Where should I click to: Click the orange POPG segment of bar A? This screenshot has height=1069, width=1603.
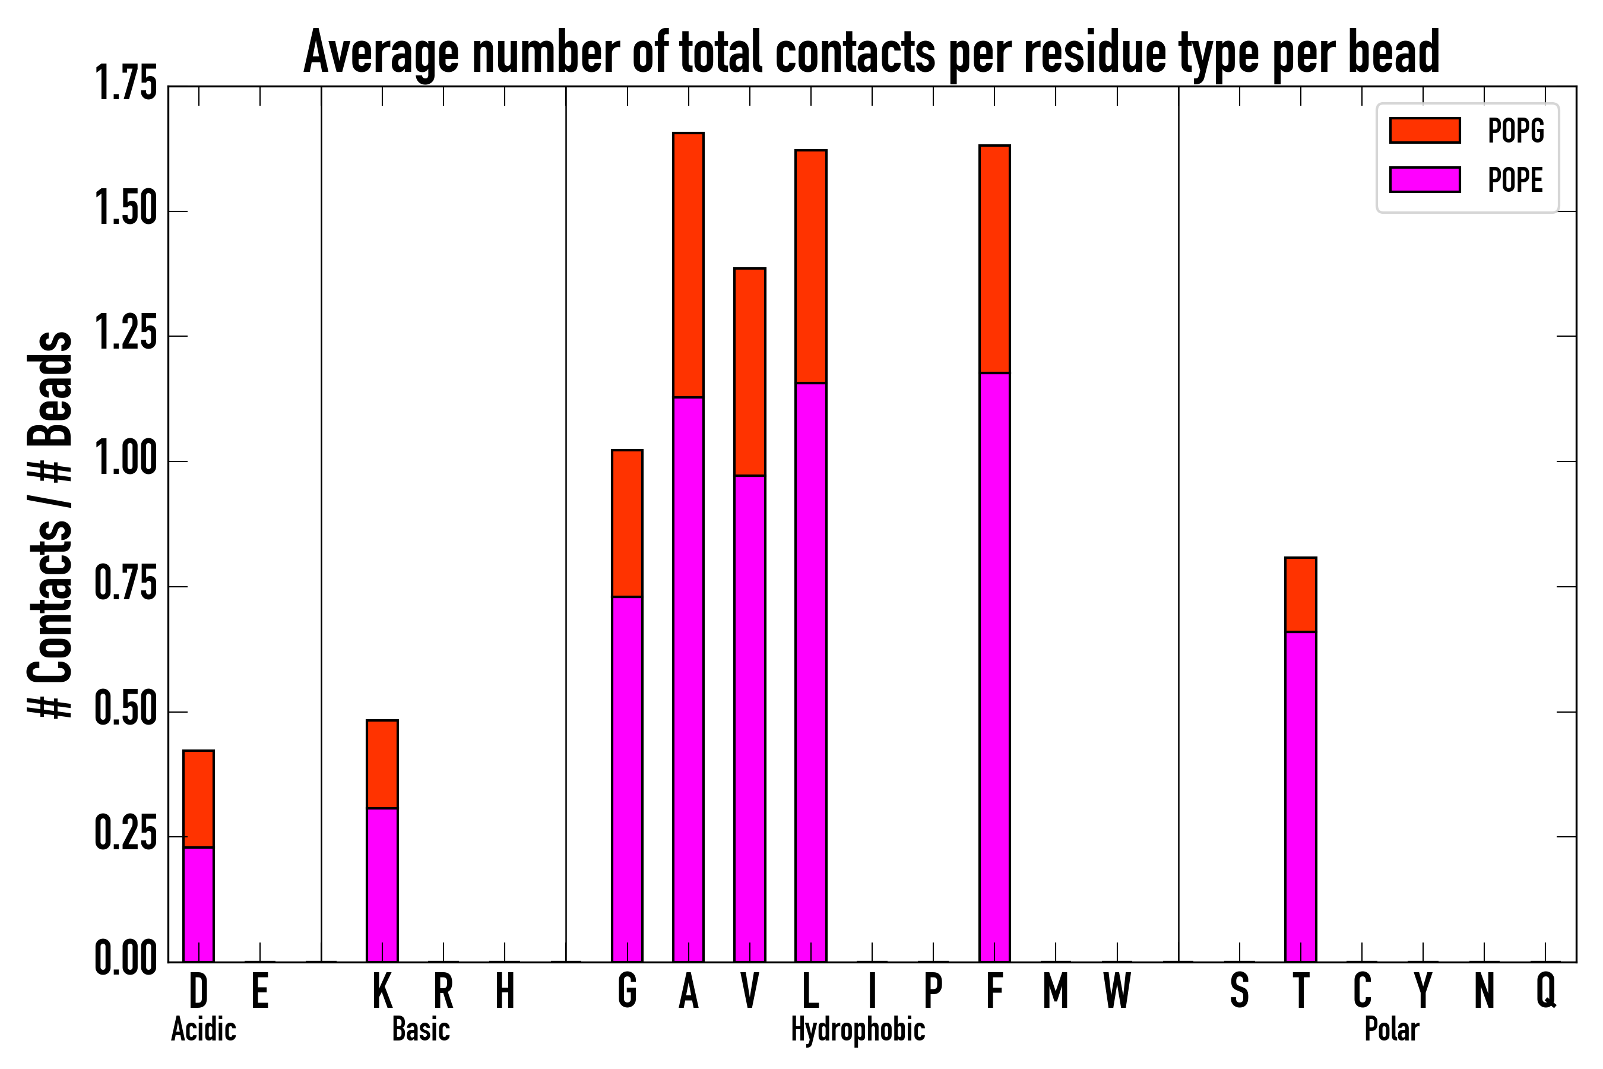pos(688,264)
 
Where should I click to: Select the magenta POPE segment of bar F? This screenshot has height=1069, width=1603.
pos(994,667)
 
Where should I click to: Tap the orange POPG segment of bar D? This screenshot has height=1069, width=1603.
pos(198,798)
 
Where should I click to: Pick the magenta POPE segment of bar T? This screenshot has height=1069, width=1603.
pos(1300,796)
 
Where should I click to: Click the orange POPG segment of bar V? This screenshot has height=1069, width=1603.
pos(750,372)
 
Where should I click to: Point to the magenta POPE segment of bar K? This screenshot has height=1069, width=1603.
pos(382,884)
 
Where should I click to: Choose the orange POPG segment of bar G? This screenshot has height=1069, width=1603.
pos(627,523)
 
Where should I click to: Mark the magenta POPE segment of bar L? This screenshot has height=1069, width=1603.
pos(811,672)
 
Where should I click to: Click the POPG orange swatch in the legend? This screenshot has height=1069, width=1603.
pos(1424,130)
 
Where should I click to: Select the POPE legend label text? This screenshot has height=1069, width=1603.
pos(1515,180)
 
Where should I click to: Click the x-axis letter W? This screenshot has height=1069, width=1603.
pos(1117,990)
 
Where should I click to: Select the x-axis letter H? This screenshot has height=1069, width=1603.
pos(504,990)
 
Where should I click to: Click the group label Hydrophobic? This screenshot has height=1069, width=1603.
pos(857,1029)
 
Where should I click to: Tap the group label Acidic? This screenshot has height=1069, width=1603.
pos(203,1029)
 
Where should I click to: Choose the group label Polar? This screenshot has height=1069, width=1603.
pos(1392,1029)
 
